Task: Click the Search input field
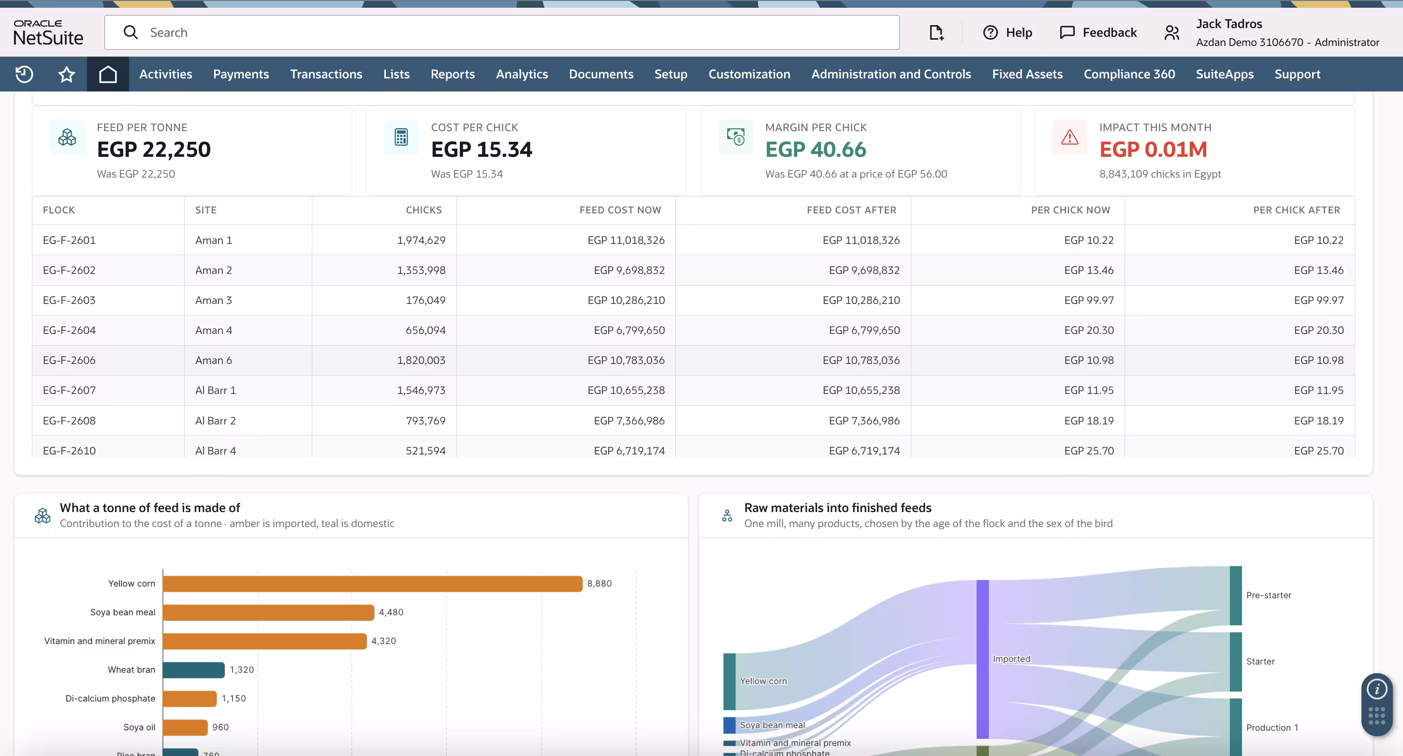tap(501, 32)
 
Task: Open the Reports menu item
tap(453, 74)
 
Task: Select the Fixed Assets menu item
tap(1027, 74)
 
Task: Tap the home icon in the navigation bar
tap(108, 74)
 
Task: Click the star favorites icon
tap(66, 74)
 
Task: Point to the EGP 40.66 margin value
tap(815, 150)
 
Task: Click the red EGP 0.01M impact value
tap(1153, 150)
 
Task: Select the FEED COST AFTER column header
tap(851, 210)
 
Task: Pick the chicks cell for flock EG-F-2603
tap(425, 301)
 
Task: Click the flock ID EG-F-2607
tap(69, 390)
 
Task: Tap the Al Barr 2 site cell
tap(215, 421)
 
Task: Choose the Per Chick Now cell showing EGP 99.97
tap(1089, 301)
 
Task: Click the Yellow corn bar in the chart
tap(373, 584)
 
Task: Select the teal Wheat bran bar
tap(193, 670)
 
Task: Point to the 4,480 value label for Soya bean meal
tap(391, 612)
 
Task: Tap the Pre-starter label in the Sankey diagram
tap(1269, 595)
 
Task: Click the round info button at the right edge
tap(1376, 689)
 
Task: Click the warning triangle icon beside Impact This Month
tap(1070, 137)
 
